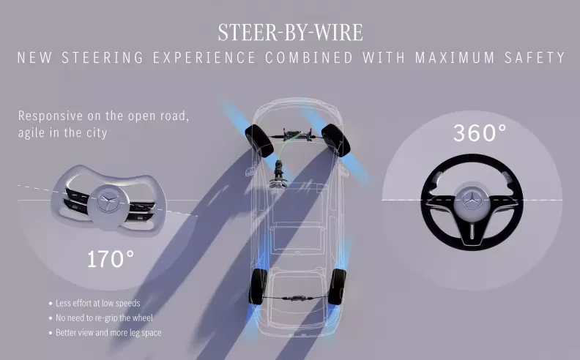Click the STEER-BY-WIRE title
(x=291, y=32)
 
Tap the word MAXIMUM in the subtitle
(x=455, y=58)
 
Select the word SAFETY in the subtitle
(x=535, y=58)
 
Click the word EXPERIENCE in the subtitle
(x=204, y=58)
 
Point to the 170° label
(x=111, y=259)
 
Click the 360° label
(x=480, y=132)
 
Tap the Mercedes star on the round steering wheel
(x=472, y=201)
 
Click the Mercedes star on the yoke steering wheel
(x=108, y=201)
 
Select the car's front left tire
(x=259, y=140)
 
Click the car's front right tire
(x=336, y=140)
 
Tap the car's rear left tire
(x=259, y=286)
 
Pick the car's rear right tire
(x=338, y=286)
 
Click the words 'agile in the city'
(x=62, y=132)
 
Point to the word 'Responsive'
(x=51, y=116)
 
